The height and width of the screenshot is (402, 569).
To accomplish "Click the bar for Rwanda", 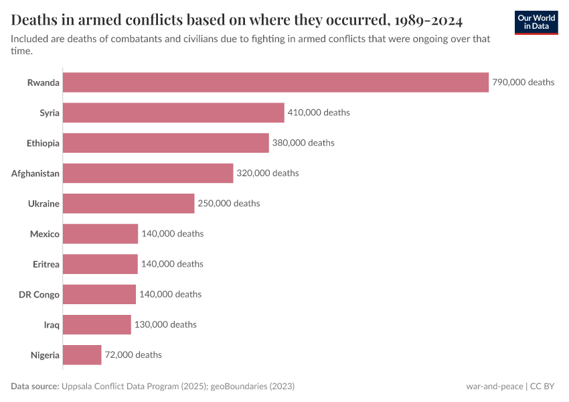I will click(276, 82).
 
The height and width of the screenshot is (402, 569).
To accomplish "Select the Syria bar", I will click(174, 113).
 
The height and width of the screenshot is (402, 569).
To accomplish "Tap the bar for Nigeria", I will click(82, 354).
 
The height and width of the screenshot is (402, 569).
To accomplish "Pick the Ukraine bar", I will click(129, 203).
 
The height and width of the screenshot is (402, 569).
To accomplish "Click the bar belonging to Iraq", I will click(97, 324).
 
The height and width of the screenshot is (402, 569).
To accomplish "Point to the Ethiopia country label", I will click(42, 143).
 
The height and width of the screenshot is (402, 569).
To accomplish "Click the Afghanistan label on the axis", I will click(35, 174).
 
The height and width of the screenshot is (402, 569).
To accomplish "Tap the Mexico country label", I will click(44, 234).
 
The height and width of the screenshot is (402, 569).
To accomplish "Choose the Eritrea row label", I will click(46, 264).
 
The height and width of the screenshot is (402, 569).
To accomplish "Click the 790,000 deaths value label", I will click(523, 82).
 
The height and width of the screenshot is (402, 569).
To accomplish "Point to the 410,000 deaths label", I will click(319, 113).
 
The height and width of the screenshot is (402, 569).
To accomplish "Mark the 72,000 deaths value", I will click(133, 354).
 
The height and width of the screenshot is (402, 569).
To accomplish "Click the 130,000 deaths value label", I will click(165, 324).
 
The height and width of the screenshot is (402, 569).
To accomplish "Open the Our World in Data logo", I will click(536, 23).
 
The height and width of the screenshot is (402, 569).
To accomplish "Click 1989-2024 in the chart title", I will click(418, 19).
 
